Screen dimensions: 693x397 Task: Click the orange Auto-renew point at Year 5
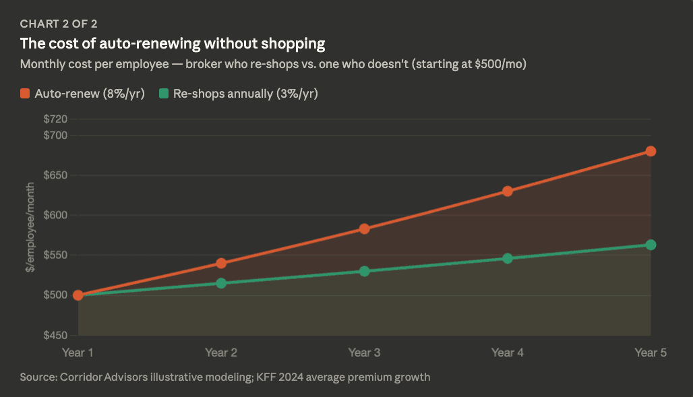651,151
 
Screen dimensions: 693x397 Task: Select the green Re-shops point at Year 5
651,245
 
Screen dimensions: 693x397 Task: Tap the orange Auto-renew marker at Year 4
508,191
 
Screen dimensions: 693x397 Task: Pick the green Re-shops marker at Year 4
508,258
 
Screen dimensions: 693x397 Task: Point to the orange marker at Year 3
364,228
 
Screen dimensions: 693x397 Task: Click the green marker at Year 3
364,271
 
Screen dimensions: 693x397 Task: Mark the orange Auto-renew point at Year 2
221,263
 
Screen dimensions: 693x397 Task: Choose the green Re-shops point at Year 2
221,283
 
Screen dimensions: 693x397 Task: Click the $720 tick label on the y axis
55,119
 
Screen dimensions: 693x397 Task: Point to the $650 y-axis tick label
55,175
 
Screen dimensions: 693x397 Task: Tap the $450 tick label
55,336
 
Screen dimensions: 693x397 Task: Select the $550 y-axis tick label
55,255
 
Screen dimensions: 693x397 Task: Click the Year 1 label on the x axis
78,353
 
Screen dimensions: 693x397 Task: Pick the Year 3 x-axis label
364,353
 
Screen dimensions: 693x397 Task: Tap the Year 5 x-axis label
651,353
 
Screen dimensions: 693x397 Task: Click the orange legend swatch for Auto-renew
25,93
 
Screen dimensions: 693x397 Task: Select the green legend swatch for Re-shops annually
164,93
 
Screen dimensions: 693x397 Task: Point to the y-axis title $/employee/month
30,227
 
